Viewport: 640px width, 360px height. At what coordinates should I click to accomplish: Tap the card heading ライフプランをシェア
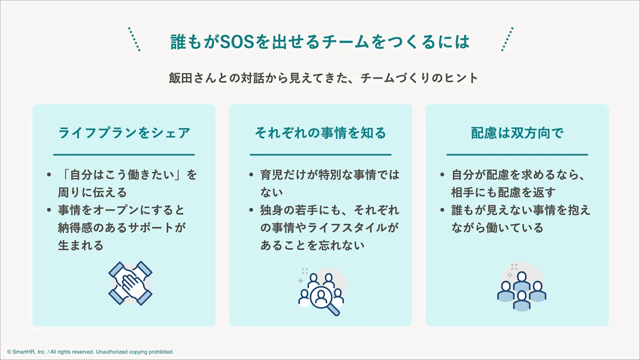(124, 133)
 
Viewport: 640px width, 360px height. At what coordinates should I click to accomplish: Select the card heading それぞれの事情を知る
(320, 133)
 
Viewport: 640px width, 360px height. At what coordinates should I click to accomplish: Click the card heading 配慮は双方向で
(517, 133)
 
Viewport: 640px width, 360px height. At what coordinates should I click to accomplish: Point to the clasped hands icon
(130, 283)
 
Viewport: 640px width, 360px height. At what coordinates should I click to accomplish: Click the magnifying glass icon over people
(322, 291)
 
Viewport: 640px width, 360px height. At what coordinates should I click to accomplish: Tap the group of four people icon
(521, 288)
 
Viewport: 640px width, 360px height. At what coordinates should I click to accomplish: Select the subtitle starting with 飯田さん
(323, 78)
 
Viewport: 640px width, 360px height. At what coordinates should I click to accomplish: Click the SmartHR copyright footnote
(90, 352)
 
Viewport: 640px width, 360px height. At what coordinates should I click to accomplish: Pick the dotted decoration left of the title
(134, 39)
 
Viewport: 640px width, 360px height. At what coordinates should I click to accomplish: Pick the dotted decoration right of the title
(507, 39)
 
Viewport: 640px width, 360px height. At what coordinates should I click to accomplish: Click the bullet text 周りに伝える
(92, 192)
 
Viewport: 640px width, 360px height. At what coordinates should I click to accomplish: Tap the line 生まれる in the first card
(80, 245)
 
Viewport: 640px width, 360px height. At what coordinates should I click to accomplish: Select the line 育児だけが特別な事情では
(329, 175)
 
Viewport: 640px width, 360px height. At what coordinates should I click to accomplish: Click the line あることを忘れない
(312, 245)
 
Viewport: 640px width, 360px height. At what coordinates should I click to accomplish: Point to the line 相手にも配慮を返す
(504, 192)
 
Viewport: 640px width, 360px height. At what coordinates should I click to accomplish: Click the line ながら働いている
(497, 228)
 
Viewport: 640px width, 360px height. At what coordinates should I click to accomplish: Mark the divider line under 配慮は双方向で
(517, 154)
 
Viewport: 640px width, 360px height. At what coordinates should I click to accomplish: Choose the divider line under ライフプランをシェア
(124, 154)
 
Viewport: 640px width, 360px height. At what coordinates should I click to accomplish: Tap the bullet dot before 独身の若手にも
(252, 210)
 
